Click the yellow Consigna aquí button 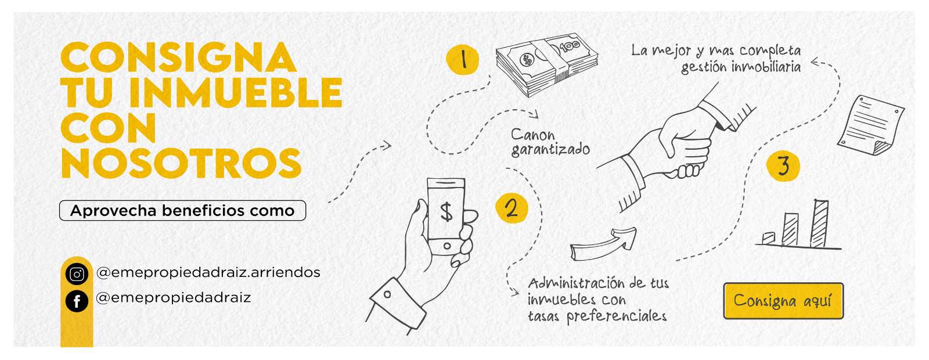coord(783,301)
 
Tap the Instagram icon coord(77,274)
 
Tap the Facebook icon coord(77,301)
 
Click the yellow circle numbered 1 coord(462,60)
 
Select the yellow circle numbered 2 coord(512,208)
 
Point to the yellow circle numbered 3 coord(783,166)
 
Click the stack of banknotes coord(546,64)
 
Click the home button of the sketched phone coord(447,246)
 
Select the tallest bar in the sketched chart coord(820,223)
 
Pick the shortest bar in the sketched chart coord(768,238)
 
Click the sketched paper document coord(870,125)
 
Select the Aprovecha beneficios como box coord(182,210)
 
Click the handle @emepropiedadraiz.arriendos coord(208,272)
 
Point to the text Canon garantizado coord(550,142)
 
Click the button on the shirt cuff coord(387,294)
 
